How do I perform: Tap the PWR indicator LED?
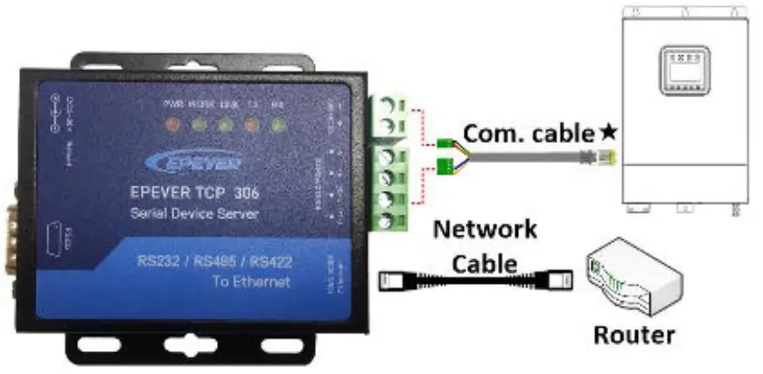point(172,124)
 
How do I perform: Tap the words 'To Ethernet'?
point(250,282)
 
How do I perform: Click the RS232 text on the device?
point(157,261)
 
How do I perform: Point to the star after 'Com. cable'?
point(608,133)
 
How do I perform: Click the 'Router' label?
point(634,334)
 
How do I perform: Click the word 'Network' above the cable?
point(486,230)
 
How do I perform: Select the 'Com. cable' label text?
point(528,134)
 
